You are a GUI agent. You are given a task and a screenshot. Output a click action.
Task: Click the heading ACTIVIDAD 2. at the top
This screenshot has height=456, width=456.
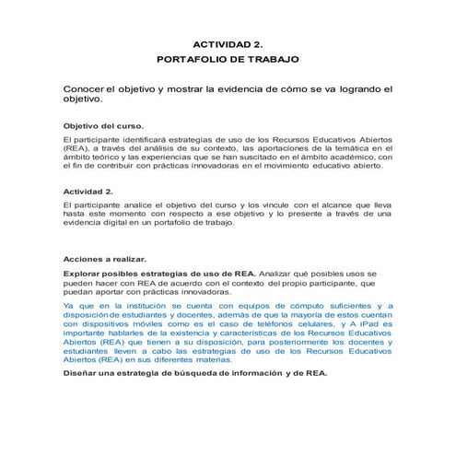(228, 43)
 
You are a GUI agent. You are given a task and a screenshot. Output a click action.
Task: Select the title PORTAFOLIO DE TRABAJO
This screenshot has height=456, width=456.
(228, 59)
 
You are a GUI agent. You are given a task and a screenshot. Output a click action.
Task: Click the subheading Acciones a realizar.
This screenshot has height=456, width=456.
(104, 259)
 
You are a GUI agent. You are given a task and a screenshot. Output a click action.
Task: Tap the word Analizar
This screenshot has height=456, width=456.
(283, 274)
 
